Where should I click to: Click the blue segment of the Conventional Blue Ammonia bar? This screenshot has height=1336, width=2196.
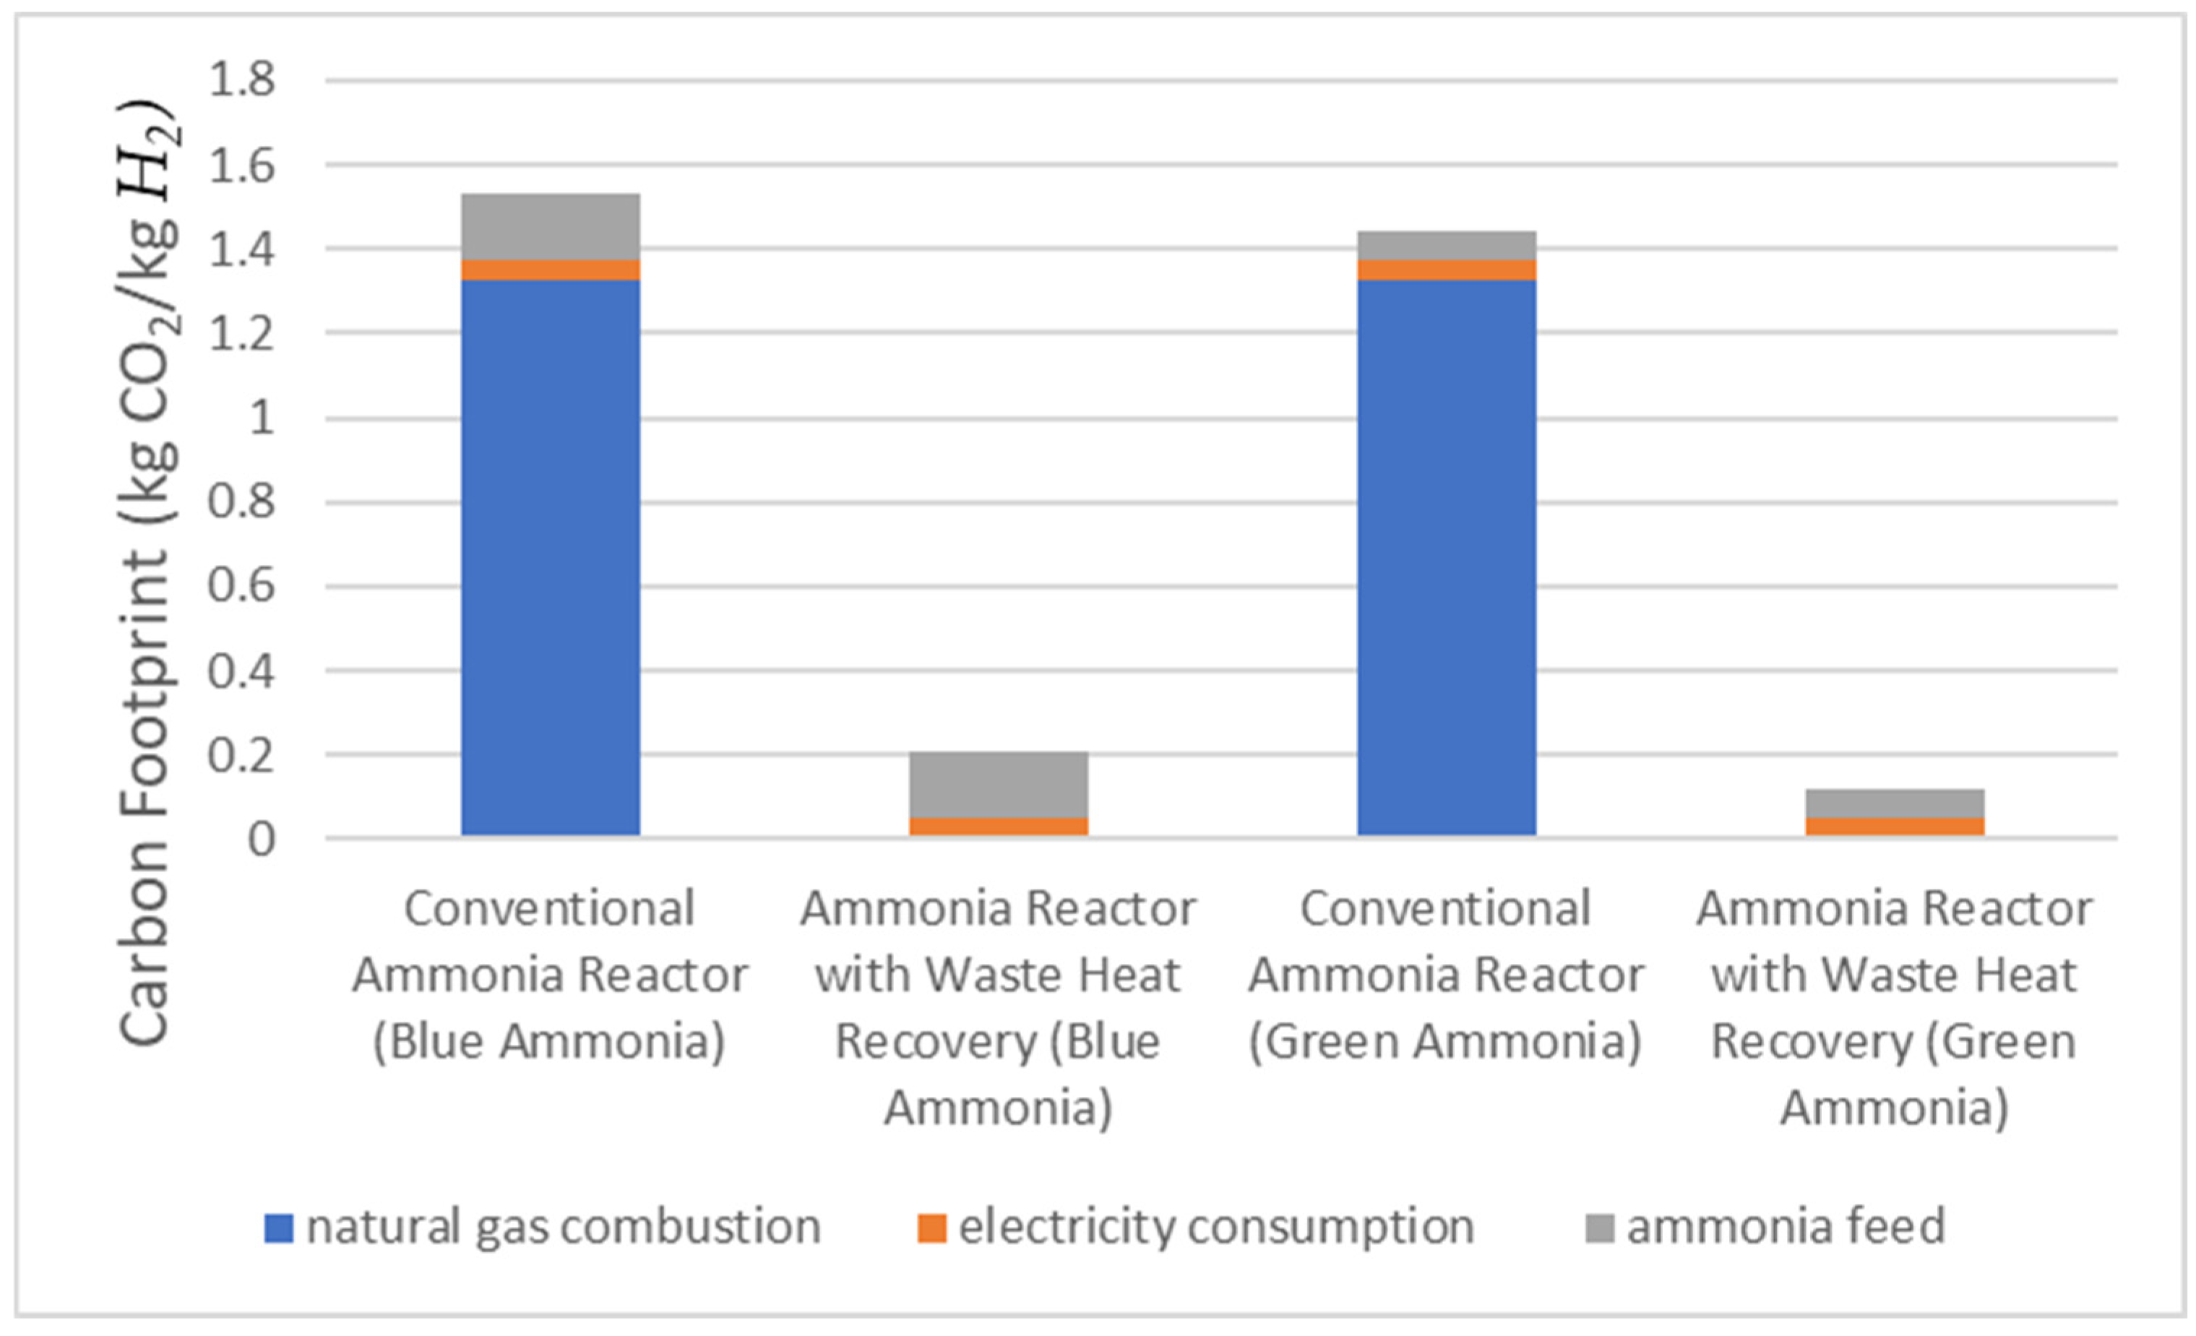pos(550,557)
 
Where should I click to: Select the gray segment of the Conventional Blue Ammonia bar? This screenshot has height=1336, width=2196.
pos(550,226)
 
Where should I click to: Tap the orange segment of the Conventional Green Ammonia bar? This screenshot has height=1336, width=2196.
pos(1446,270)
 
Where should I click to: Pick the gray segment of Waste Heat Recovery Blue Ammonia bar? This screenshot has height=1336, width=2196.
pos(998,784)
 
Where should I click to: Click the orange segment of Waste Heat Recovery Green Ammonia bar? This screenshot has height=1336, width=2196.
pos(1894,825)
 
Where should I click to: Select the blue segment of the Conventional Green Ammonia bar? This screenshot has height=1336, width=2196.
pos(1446,557)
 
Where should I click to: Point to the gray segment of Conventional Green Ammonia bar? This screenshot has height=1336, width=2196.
pos(1446,245)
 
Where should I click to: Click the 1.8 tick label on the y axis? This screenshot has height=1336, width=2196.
pos(241,80)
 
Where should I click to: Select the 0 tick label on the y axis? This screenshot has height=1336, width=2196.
pos(261,839)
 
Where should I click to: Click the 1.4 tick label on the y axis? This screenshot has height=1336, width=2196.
pos(241,249)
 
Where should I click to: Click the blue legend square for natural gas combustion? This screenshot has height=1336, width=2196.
pos(279,1229)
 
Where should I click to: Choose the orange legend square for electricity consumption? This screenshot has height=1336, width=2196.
pos(931,1229)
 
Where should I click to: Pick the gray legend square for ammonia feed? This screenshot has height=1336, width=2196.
pos(1600,1229)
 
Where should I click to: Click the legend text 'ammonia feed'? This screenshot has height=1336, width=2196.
pos(1786,1226)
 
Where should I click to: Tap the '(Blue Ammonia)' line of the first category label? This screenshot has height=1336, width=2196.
pos(549,1041)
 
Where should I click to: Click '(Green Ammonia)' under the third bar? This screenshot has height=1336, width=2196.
pos(1444,1041)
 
